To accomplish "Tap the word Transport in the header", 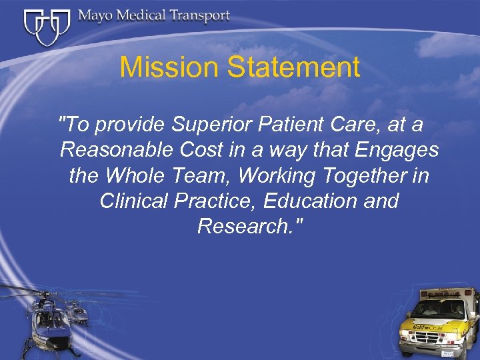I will (x=198, y=16).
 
